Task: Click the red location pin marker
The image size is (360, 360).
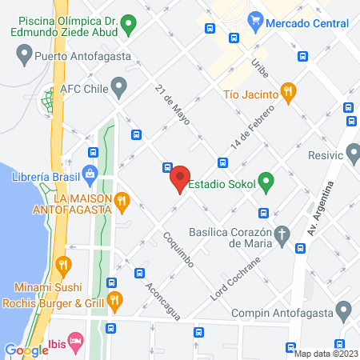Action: (x=179, y=178)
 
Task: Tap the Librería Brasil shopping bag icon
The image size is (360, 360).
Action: (x=89, y=172)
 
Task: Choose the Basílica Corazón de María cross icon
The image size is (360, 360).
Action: (x=282, y=234)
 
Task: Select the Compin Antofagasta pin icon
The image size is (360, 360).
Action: (x=344, y=310)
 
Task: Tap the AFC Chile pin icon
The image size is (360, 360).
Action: (x=119, y=84)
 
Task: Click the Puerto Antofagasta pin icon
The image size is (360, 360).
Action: (x=23, y=55)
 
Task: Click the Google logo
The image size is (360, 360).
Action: (x=26, y=350)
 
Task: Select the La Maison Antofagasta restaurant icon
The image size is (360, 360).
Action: (x=121, y=200)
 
